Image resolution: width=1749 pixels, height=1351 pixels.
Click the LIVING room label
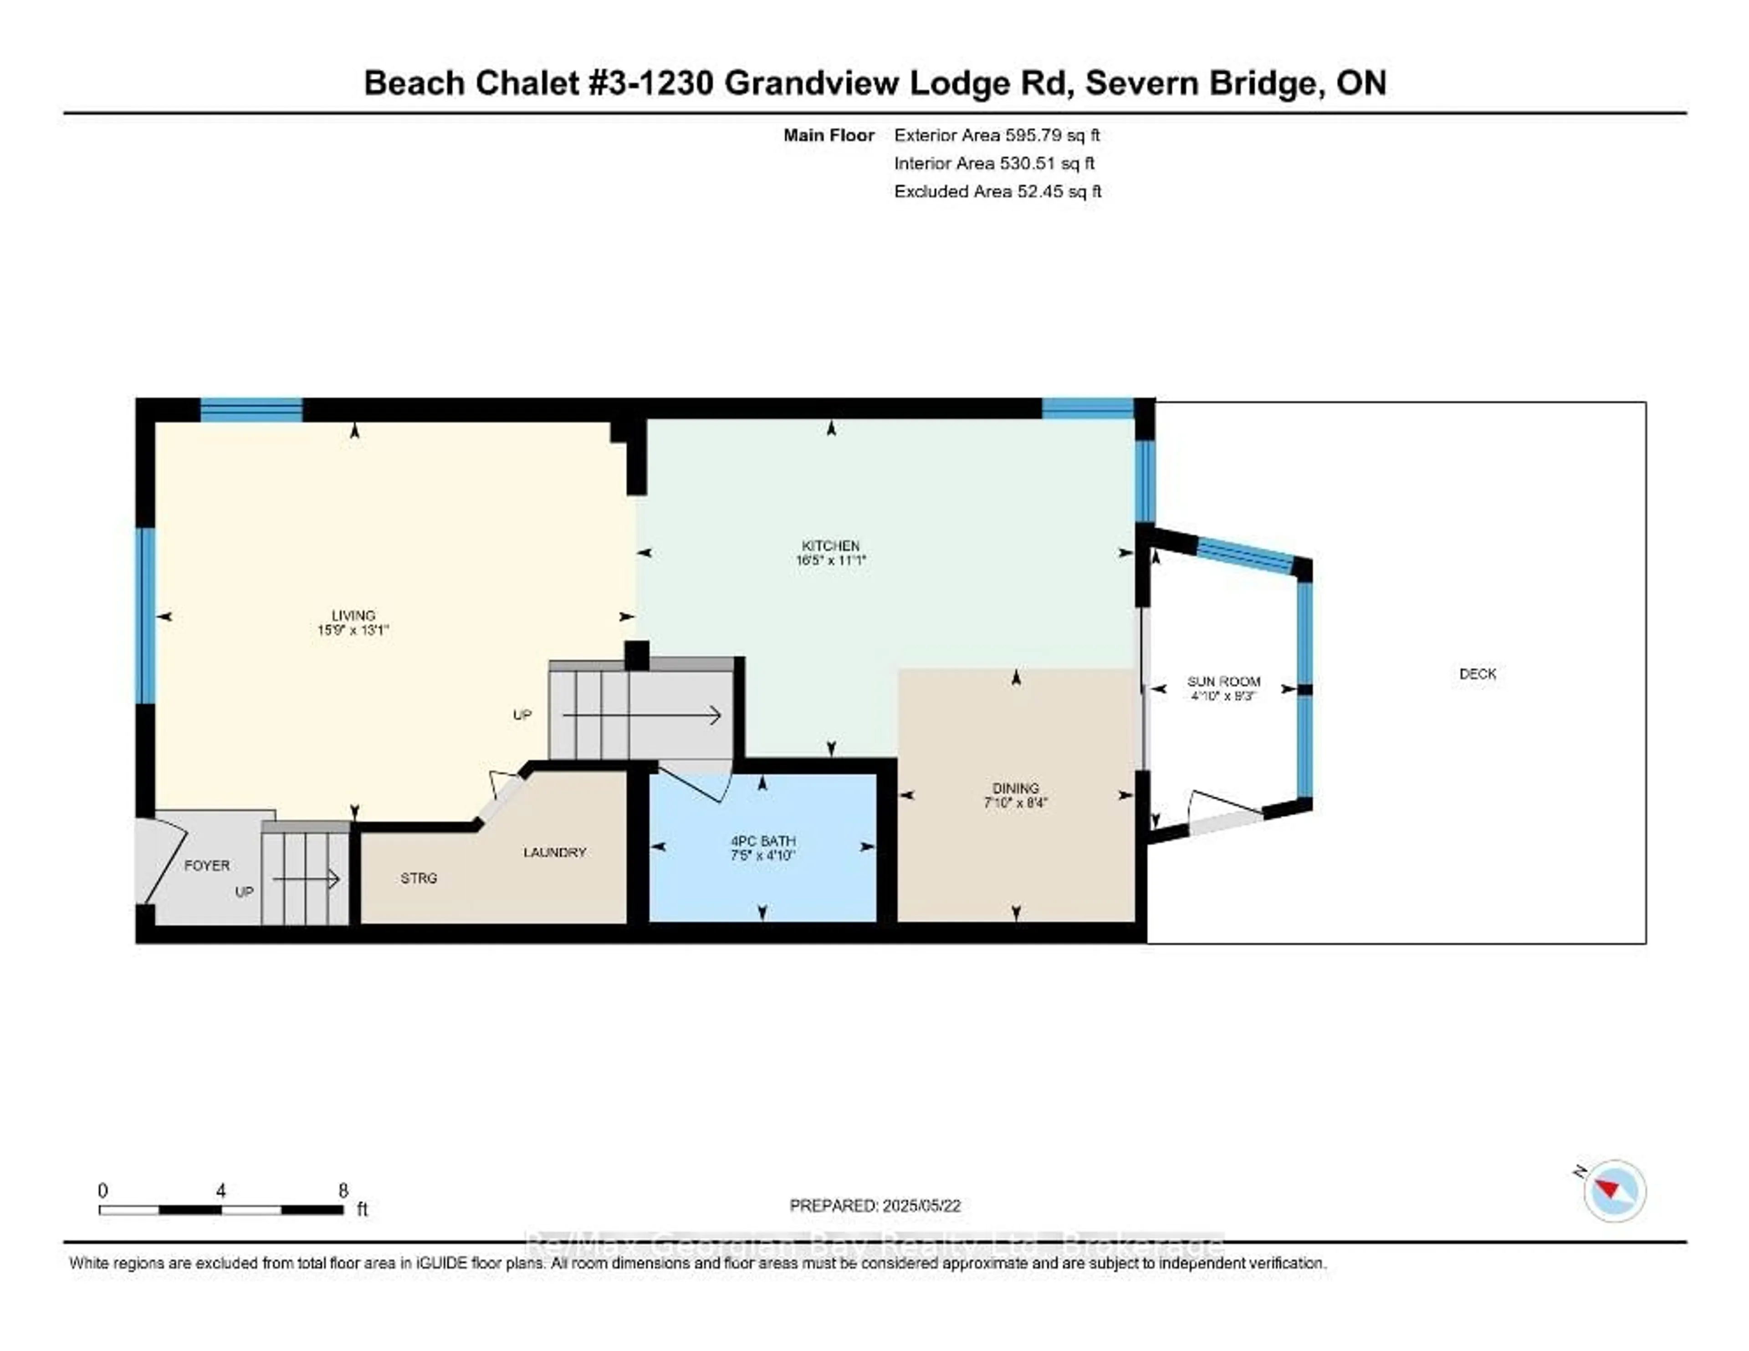(x=353, y=615)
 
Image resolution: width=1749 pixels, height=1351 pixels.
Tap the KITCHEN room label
(x=830, y=545)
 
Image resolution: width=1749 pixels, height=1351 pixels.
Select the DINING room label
(x=1015, y=788)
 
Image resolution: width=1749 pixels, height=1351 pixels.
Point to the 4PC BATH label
(x=762, y=841)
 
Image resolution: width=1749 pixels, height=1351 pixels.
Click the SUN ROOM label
(x=1223, y=682)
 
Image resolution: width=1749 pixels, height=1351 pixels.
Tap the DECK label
(x=1478, y=673)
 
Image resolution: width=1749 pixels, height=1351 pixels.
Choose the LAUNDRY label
(x=554, y=852)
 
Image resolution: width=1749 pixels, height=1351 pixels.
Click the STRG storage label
(x=419, y=878)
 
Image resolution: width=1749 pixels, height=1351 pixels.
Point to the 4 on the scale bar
(x=220, y=1191)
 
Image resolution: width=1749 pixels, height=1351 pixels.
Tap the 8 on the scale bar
(x=343, y=1191)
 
